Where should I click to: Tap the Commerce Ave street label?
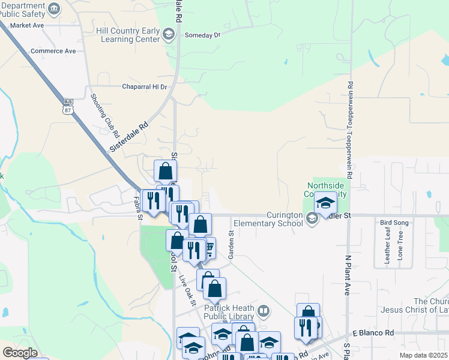54,51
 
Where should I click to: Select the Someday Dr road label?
203,35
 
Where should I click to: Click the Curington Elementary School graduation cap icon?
312,220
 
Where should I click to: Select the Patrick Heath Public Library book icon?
263,312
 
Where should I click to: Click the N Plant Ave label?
347,275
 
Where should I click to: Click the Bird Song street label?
394,223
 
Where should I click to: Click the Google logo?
20,353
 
